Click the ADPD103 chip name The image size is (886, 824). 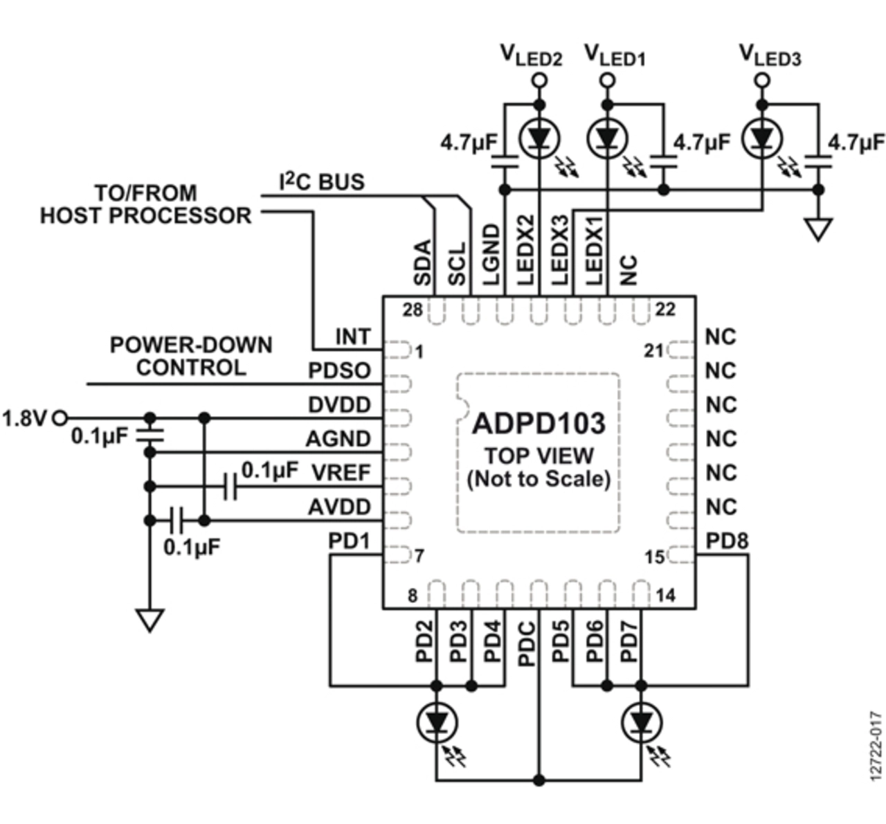point(539,423)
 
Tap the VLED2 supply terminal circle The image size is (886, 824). point(540,81)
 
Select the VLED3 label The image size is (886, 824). point(770,57)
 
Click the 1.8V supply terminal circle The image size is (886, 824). point(60,418)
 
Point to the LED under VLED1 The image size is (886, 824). point(607,138)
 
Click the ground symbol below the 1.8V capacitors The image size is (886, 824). point(150,620)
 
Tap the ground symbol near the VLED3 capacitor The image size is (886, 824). point(818,229)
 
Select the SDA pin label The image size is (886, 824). point(422,262)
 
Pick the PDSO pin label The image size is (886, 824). point(339,370)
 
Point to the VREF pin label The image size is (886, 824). point(341,473)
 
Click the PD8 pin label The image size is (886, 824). point(727,541)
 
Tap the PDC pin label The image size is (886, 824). point(527,644)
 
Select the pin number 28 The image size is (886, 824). point(413,310)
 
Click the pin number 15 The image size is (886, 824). point(654,557)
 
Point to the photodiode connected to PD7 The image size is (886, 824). point(642,723)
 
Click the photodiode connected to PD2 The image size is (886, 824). point(437,723)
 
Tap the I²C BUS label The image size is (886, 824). point(322,181)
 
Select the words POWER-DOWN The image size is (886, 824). point(191,345)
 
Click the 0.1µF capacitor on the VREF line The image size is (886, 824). point(230,487)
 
